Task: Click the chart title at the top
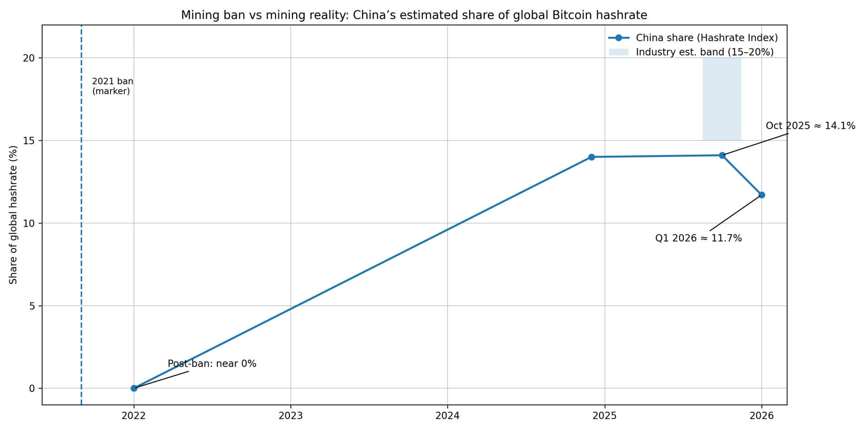click(414, 15)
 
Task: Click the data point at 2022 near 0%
click(134, 388)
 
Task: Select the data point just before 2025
click(591, 157)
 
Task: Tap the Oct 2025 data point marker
click(722, 155)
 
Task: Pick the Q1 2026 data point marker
click(762, 195)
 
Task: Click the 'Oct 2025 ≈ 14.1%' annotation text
click(810, 126)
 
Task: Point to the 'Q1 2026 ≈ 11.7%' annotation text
click(698, 238)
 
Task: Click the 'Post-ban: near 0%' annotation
click(212, 364)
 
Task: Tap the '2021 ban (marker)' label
click(112, 86)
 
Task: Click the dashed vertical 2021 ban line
click(81, 229)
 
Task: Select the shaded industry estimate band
click(721, 99)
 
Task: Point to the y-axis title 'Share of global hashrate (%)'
click(13, 215)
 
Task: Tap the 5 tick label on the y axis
click(33, 306)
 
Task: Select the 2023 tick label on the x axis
click(290, 416)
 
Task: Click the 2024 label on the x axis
click(448, 416)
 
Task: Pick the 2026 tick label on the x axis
click(761, 416)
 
